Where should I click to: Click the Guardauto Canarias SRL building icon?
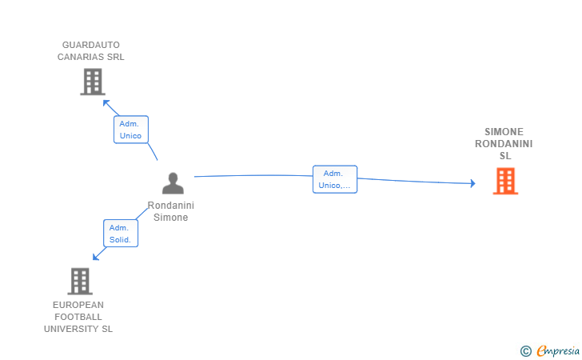(93, 82)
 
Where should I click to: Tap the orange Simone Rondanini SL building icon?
(505, 181)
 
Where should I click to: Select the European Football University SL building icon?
(79, 281)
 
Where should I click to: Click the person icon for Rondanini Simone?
(173, 183)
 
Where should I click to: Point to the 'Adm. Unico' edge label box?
(130, 130)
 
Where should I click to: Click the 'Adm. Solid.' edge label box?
(120, 234)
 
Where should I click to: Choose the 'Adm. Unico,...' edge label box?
(334, 179)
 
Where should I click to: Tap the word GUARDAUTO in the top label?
(91, 45)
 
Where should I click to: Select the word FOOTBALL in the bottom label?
(78, 317)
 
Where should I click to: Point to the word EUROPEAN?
(78, 305)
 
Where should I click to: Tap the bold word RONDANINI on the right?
(504, 144)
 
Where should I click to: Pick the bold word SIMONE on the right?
(504, 132)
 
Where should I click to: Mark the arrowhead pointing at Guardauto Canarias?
(105, 102)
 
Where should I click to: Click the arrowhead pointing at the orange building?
(472, 184)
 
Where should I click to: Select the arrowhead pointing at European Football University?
(95, 258)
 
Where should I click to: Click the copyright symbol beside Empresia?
(525, 350)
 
